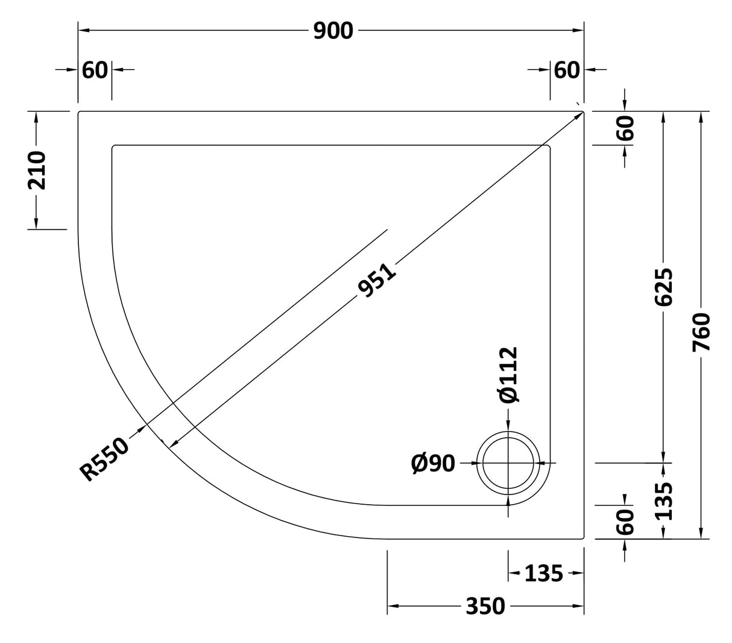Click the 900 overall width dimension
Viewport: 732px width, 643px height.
[333, 30]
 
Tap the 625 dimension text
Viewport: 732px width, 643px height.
[663, 287]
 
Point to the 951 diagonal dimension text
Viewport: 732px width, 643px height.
[377, 280]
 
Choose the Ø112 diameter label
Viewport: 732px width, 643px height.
[508, 374]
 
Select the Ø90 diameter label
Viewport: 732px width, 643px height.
[433, 463]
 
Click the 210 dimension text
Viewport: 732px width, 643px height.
[37, 171]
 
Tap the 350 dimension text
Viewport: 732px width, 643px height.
[485, 606]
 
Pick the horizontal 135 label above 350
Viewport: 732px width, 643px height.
[543, 573]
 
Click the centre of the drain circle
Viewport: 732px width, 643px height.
[510, 463]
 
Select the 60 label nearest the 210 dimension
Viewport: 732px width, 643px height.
[95, 70]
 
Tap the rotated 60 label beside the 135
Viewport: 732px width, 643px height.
[626, 521]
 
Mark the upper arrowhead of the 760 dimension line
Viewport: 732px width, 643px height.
[701, 117]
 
